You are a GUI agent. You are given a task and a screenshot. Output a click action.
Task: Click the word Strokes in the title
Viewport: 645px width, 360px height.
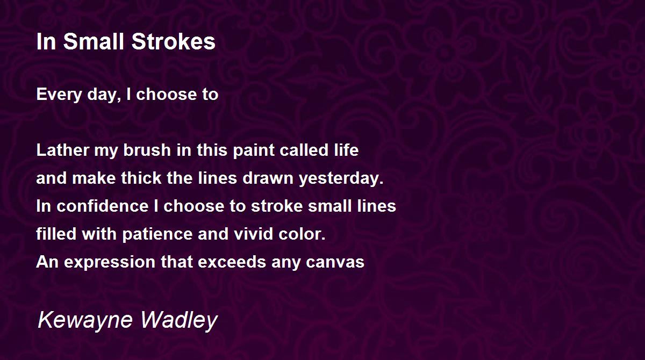[x=173, y=41]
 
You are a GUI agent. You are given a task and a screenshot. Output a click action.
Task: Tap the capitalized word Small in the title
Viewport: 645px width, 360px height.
[x=94, y=41]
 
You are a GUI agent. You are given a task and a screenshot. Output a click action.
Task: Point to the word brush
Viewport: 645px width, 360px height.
[x=147, y=150]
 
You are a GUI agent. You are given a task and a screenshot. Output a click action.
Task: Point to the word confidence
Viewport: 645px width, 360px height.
[x=103, y=206]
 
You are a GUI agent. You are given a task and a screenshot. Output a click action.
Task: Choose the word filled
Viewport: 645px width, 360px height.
[x=56, y=234]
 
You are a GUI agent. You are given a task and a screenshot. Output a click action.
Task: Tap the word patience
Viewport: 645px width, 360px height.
[x=157, y=234]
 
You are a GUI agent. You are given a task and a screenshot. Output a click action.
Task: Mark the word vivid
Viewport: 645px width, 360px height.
[x=253, y=234]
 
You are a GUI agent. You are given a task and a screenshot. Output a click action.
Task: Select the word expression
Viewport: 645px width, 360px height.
[x=110, y=262]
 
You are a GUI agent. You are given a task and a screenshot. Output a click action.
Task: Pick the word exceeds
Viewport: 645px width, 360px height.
[x=232, y=262]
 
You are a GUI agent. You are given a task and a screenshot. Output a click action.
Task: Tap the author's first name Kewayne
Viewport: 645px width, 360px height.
[x=85, y=320]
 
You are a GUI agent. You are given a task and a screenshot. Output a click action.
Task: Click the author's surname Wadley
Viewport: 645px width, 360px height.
[x=179, y=320]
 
